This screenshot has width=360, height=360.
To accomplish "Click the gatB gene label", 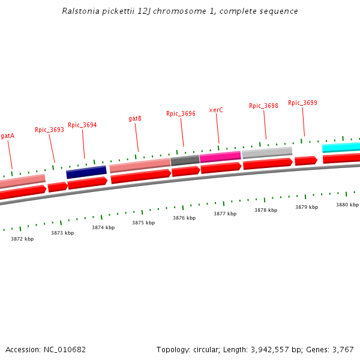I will [x=135, y=119].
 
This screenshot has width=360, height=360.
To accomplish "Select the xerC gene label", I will [x=216, y=110].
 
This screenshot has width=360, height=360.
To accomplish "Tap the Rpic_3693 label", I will [x=49, y=130].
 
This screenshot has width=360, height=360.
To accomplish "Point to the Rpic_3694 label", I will [x=82, y=125].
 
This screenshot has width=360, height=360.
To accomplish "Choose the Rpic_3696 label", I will [x=181, y=114].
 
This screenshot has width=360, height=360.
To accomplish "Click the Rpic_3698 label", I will [x=263, y=106].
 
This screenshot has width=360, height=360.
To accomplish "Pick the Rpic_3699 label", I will [x=302, y=103].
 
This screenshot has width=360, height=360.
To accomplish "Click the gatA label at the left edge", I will [x=7, y=136].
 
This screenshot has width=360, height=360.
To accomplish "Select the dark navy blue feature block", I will [x=86, y=172].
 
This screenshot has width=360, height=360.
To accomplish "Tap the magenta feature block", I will [x=220, y=157].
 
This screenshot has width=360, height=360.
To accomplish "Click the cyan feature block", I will [x=341, y=147].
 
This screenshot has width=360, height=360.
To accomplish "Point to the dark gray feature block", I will [x=185, y=160].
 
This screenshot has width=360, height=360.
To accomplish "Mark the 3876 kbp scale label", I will [x=184, y=218].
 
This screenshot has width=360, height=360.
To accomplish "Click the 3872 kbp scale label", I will [x=22, y=239].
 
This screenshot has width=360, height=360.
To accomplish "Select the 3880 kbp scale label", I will [x=347, y=205].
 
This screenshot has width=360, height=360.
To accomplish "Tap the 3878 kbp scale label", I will [x=266, y=211].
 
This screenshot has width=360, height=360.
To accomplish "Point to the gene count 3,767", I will [x=343, y=349].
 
